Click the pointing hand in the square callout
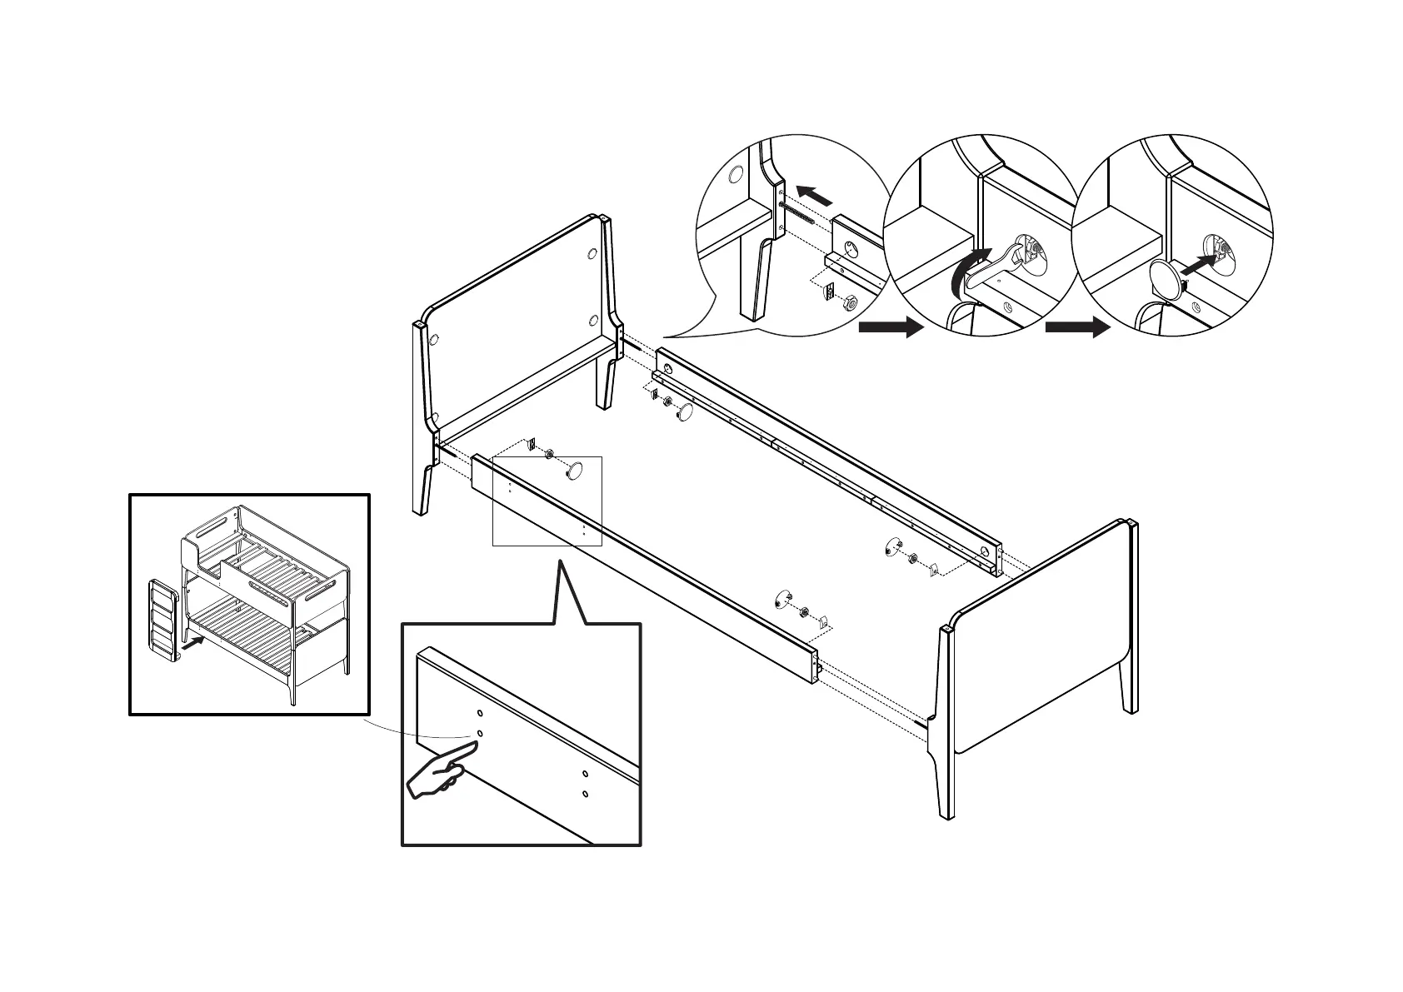[437, 775]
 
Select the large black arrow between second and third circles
[1078, 327]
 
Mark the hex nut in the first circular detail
[850, 302]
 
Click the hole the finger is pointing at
[480, 733]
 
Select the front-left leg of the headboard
[422, 491]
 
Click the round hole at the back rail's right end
[985, 552]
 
